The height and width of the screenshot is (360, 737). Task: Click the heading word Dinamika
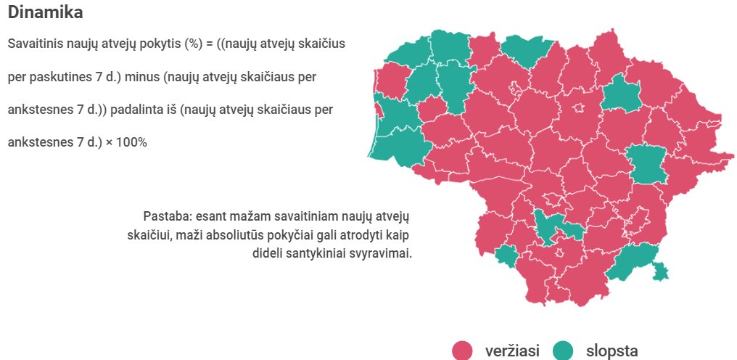(45, 12)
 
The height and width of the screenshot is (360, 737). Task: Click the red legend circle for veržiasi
(462, 351)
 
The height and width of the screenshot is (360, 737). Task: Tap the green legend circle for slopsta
(563, 351)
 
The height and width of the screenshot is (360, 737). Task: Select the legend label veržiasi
(512, 351)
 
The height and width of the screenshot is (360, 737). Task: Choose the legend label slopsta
(612, 351)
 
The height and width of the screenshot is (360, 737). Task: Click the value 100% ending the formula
(131, 142)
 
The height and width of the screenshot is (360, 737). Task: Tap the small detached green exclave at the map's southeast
(660, 271)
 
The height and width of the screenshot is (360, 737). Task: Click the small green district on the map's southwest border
(506, 255)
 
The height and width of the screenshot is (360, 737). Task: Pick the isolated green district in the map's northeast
(622, 94)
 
